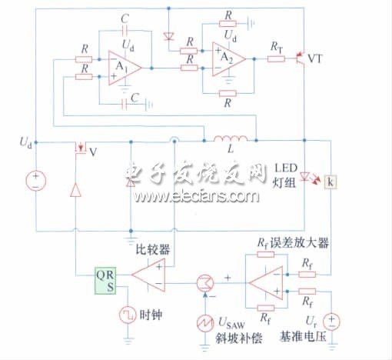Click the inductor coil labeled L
pyautogui.click(x=230, y=141)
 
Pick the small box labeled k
pyautogui.click(x=331, y=182)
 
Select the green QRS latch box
pyautogui.click(x=106, y=282)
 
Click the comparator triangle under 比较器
pyautogui.click(x=148, y=274)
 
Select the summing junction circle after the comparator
pyautogui.click(x=204, y=282)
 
